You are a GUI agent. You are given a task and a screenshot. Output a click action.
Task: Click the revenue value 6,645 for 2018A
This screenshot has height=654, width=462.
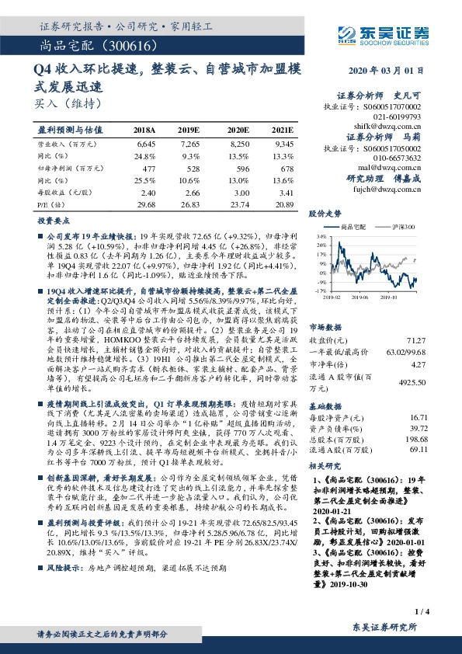click(145, 144)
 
